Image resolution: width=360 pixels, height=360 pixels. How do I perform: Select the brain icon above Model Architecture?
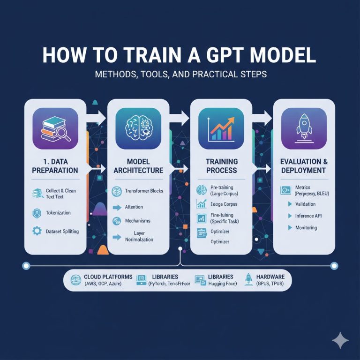pyautogui.click(x=138, y=127)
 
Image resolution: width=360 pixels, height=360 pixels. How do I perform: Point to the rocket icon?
pyautogui.click(x=304, y=127)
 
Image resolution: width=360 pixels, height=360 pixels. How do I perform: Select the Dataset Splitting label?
pyautogui.click(x=62, y=232)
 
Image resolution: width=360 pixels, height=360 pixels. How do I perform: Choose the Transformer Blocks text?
pyautogui.click(x=144, y=191)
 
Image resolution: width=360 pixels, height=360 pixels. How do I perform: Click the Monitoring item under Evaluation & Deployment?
pyautogui.click(x=306, y=228)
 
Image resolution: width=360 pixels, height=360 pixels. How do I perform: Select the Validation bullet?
pyautogui.click(x=305, y=204)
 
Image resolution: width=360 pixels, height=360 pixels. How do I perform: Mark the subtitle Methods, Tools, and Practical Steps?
pyautogui.click(x=180, y=75)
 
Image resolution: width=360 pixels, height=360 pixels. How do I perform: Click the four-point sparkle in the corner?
pyautogui.click(x=339, y=340)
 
